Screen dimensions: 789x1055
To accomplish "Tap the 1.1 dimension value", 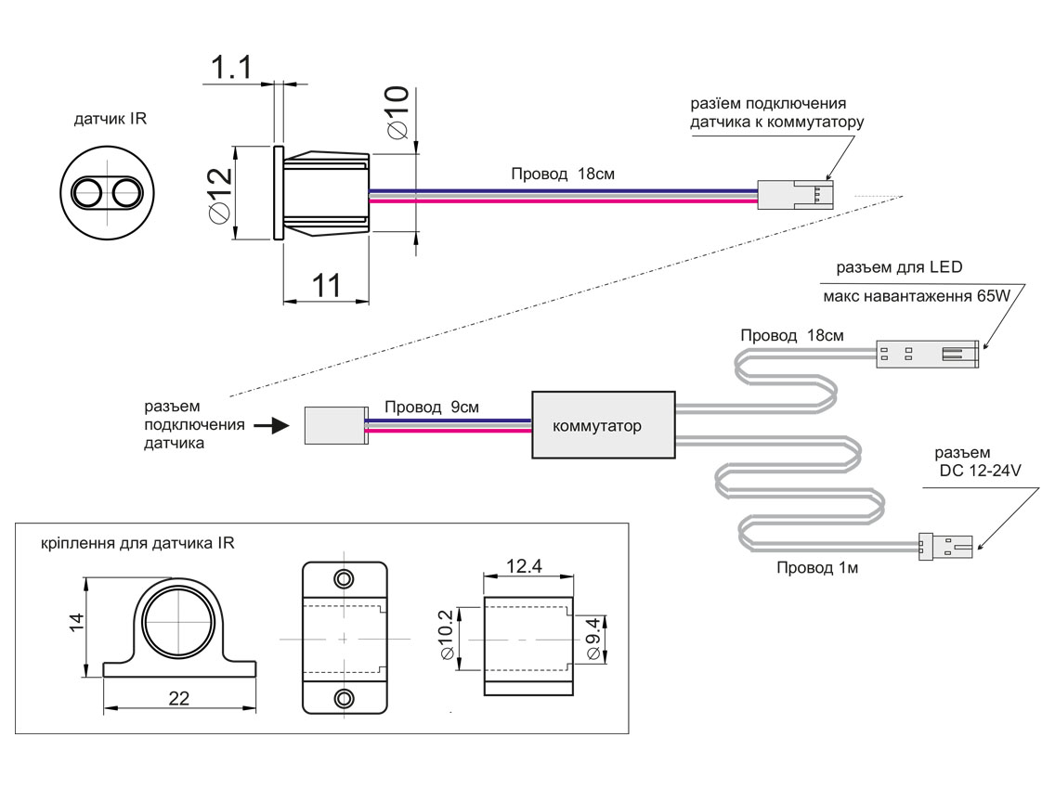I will click(231, 68).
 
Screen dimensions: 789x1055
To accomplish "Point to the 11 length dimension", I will click(324, 285).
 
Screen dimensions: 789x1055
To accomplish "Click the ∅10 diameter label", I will click(397, 112).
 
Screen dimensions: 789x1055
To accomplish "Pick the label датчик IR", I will click(111, 119).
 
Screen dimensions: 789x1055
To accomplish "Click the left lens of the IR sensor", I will click(89, 192).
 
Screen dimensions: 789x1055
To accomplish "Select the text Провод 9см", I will click(432, 407).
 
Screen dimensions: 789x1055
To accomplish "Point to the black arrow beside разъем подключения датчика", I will click(269, 426).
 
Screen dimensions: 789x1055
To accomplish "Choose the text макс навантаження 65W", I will click(916, 297).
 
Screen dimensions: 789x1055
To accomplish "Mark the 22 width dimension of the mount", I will click(178, 699).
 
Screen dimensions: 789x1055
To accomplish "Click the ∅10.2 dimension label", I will click(445, 636).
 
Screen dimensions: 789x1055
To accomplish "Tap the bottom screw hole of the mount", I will click(345, 697).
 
